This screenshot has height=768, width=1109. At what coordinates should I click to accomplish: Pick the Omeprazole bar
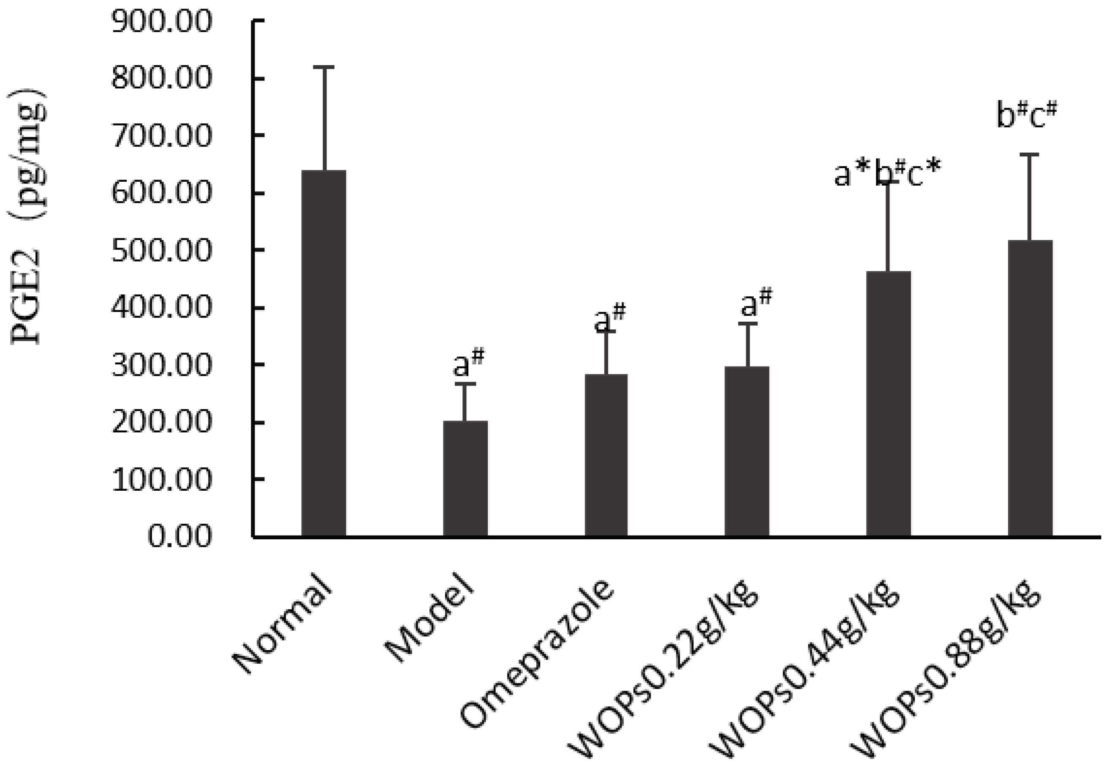(x=606, y=455)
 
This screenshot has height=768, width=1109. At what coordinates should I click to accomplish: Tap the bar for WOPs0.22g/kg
(x=747, y=451)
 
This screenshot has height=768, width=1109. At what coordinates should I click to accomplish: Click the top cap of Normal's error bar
(x=323, y=67)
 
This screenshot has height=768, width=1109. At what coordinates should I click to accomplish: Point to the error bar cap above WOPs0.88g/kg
(x=1030, y=154)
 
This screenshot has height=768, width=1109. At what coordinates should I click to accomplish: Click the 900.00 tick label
(x=161, y=22)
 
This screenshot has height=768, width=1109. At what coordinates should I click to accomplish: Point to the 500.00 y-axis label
(x=161, y=250)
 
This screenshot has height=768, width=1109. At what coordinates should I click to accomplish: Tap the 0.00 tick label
(x=179, y=536)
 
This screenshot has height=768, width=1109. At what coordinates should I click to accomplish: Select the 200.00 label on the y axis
(x=161, y=422)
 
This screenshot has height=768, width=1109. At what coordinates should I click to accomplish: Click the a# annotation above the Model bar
(x=469, y=364)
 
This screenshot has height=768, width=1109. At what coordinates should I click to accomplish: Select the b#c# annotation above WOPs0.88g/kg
(x=1026, y=117)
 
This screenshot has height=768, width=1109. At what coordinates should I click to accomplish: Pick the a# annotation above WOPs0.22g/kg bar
(x=756, y=302)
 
